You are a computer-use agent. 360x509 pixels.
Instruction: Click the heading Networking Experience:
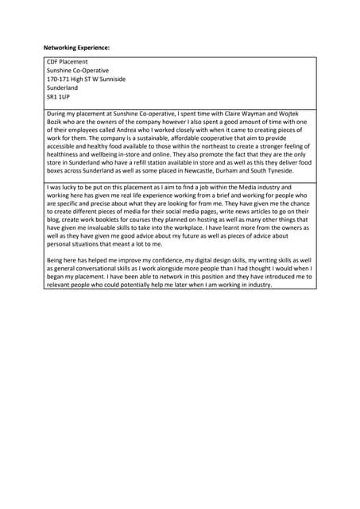pyautogui.click(x=76, y=48)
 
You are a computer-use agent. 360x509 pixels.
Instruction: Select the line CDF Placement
pyautogui.click(x=68, y=61)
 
